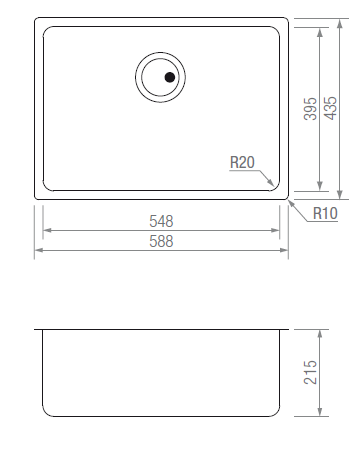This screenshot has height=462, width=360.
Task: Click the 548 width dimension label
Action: coord(161,221)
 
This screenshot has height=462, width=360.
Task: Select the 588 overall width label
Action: coord(161,241)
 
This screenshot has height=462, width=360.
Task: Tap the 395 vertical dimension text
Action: coord(311,109)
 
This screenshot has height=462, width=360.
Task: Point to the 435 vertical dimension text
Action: coord(331,108)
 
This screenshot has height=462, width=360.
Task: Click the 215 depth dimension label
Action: coord(311,372)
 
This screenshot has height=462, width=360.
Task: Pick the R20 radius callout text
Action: coord(242,163)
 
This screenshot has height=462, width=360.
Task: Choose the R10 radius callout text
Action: coord(325,213)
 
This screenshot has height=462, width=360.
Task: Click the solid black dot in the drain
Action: coord(170,77)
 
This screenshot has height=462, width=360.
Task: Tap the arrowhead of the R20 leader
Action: coord(271,183)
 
